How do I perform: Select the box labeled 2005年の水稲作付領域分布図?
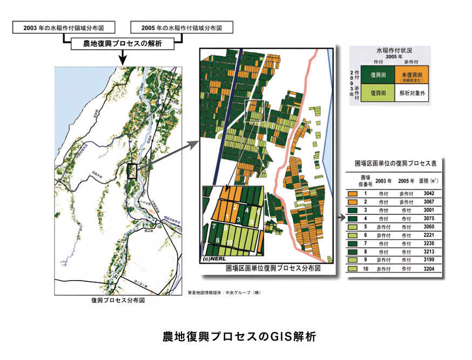181,27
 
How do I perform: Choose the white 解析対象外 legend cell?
412,92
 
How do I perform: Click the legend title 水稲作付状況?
395,50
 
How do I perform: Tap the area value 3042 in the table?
429,192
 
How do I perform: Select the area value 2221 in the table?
429,235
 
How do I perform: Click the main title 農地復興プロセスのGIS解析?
235,336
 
